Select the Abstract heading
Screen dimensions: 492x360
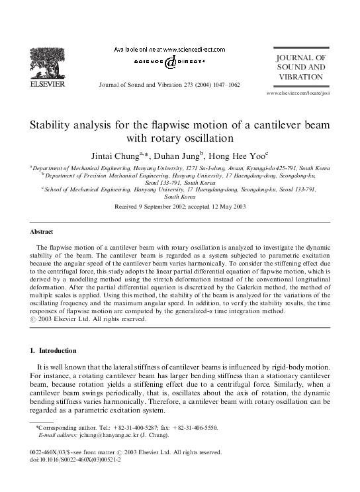[41, 232]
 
